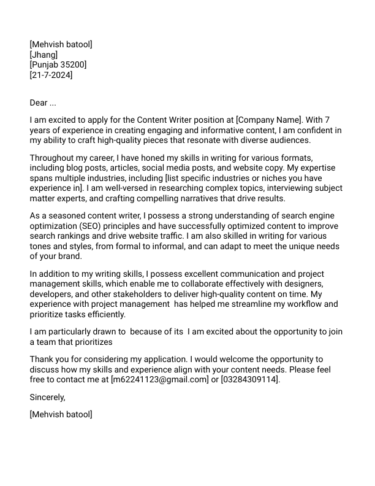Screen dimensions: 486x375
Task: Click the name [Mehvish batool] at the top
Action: (61, 44)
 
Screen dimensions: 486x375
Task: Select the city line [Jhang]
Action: (44, 55)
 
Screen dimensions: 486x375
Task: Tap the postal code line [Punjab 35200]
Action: (58, 65)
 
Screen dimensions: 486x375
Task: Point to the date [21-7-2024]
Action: (51, 75)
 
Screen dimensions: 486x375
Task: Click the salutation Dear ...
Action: (39, 102)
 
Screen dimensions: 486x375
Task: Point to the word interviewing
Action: (281, 188)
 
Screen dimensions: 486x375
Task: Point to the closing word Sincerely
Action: (47, 397)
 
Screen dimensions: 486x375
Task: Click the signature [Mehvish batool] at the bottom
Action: (61, 414)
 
